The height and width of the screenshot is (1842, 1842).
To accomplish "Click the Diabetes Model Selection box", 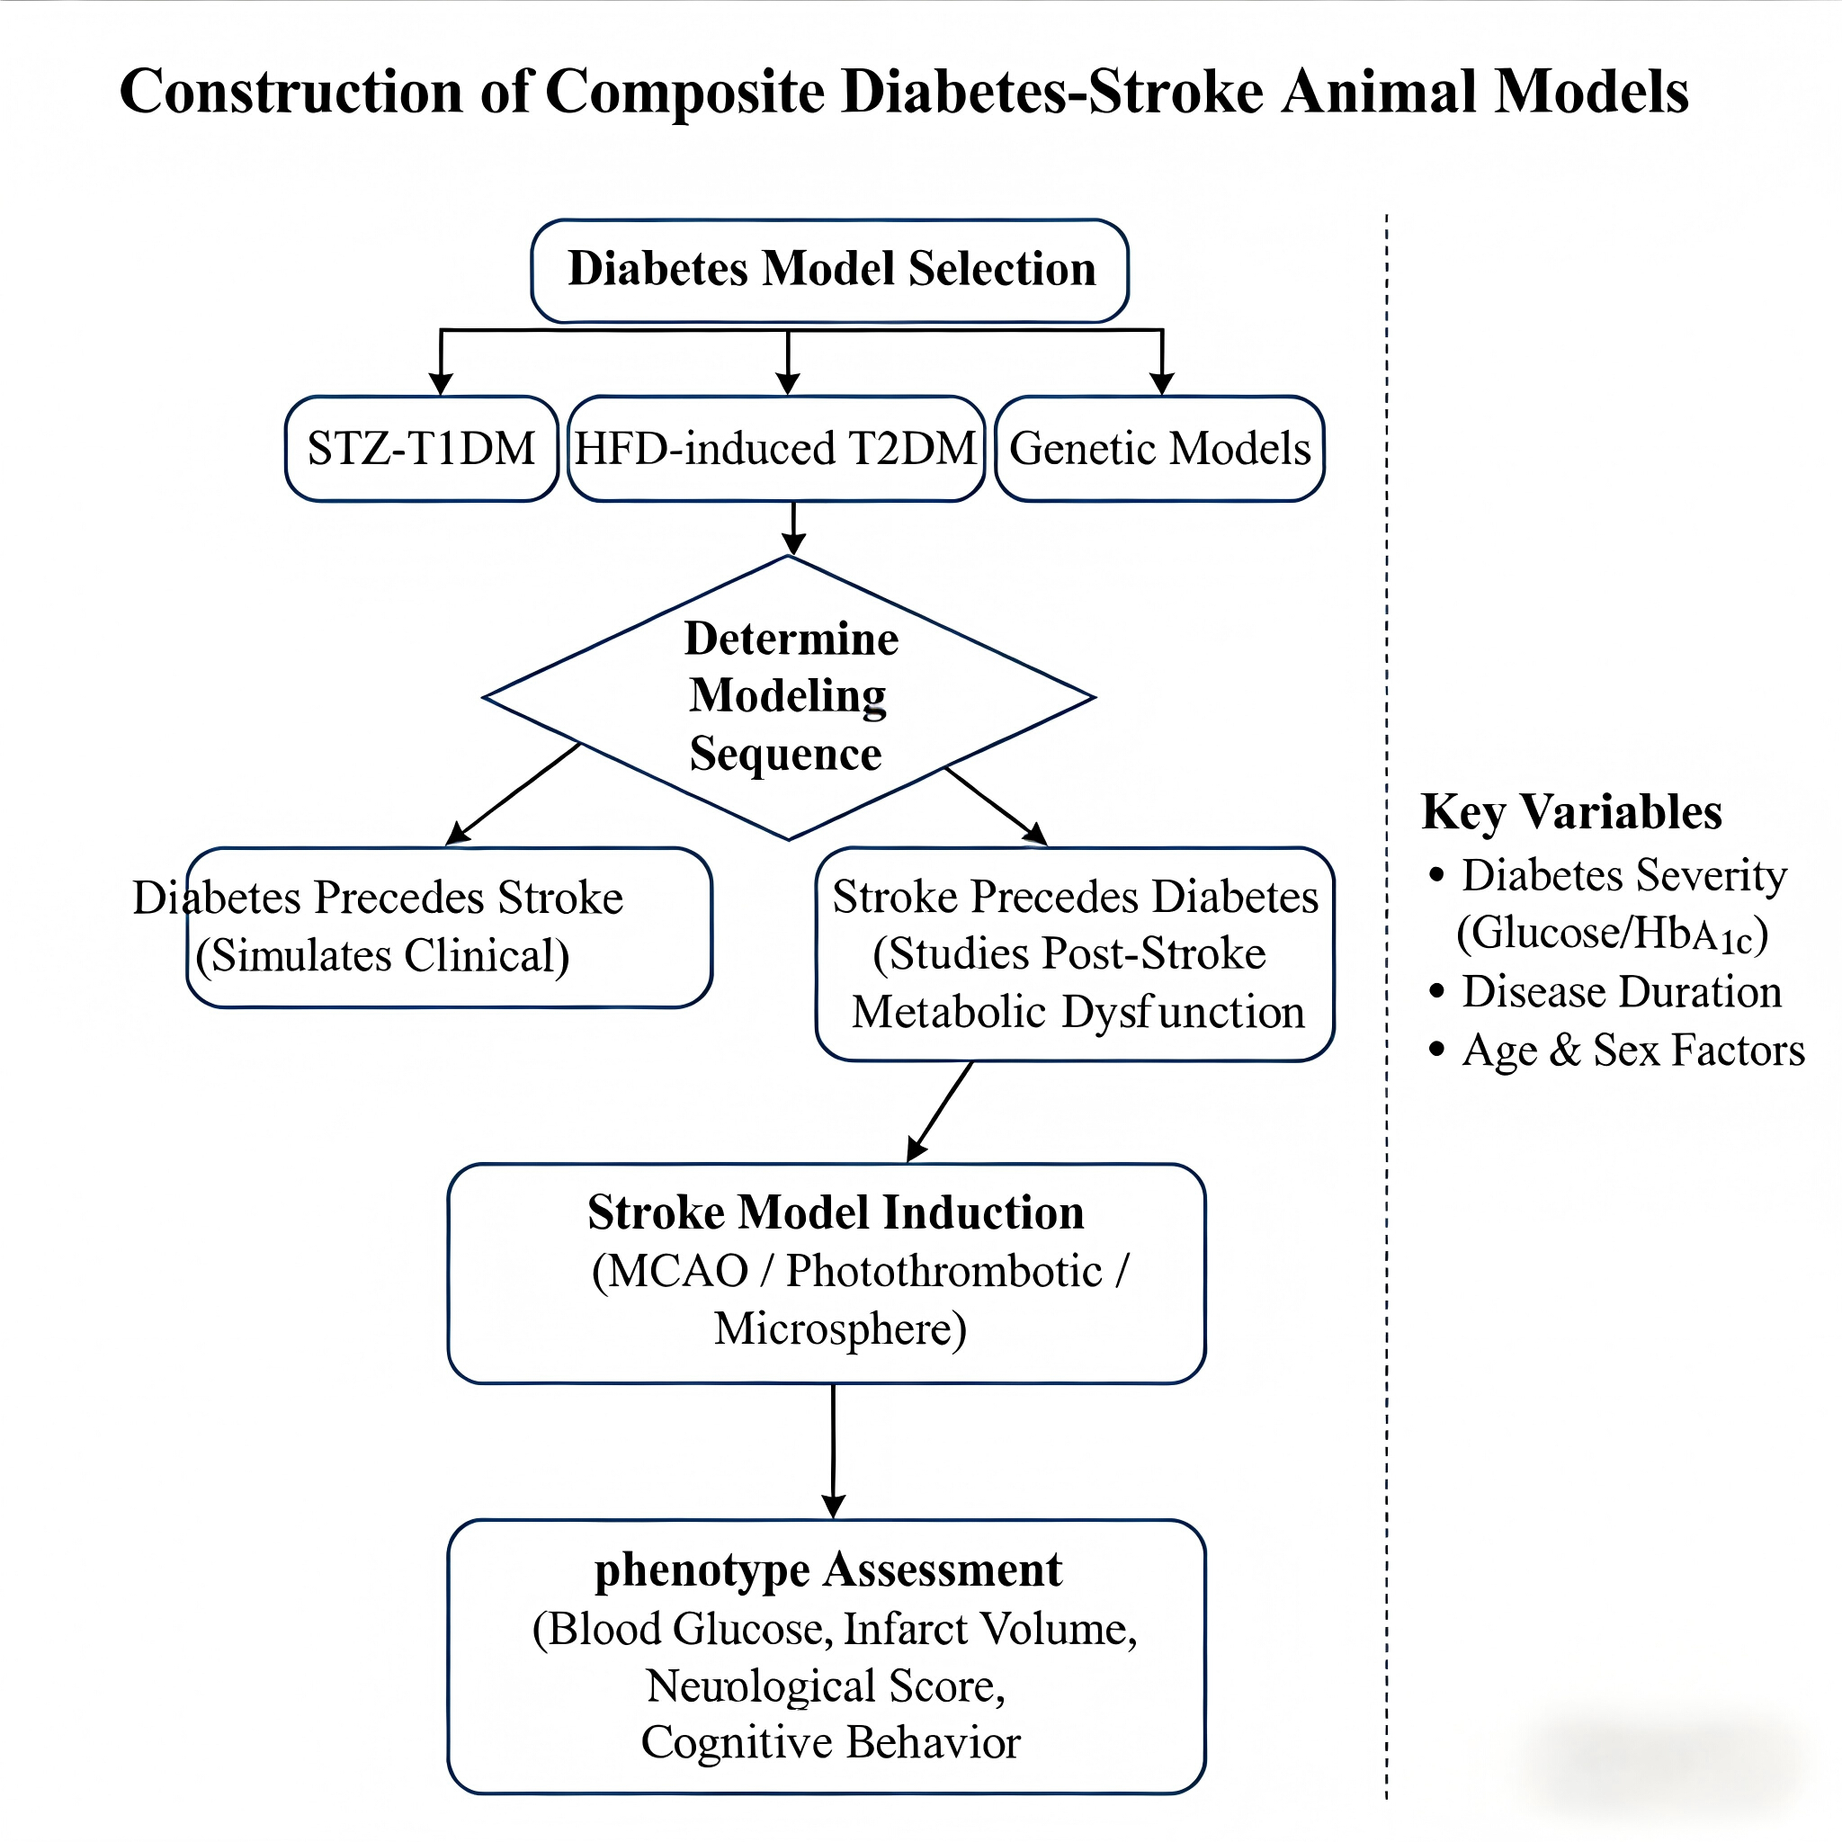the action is coord(829,271).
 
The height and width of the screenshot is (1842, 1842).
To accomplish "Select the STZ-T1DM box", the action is coord(422,448).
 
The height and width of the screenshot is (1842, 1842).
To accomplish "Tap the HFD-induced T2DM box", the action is coord(776,448).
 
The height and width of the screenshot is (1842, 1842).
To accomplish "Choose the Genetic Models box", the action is coord(1159,448).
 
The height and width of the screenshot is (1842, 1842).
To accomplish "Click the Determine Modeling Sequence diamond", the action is coord(789,697).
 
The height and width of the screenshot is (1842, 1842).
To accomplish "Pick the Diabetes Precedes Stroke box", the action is coord(449,926).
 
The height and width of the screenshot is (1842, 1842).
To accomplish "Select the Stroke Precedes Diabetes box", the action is coord(1075,953).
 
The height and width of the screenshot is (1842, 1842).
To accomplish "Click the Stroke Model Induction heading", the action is coord(836,1212).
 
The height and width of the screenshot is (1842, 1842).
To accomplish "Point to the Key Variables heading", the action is coord(1571,812).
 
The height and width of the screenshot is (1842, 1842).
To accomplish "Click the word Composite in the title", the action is coord(685,94).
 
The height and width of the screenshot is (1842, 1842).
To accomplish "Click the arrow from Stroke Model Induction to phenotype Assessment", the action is coord(833,1451).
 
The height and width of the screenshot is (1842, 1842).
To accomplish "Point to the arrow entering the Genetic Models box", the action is coord(1161,362).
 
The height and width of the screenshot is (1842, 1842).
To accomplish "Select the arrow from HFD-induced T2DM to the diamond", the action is coord(793,528).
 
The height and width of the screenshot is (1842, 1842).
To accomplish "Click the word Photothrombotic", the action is coord(943,1272).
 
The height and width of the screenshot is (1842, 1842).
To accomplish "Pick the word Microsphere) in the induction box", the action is coord(841,1329).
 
